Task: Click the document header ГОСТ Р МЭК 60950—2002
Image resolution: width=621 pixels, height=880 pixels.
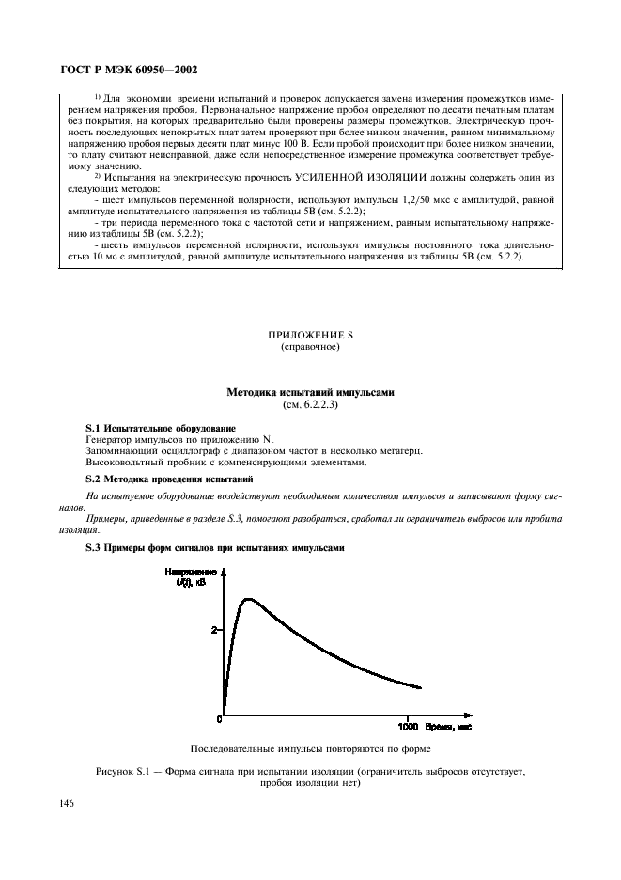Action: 128,70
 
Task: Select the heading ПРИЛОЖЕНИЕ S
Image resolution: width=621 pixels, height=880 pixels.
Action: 309,335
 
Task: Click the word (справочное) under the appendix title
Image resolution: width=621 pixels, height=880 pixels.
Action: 309,347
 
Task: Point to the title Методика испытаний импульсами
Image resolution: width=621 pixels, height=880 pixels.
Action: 309,392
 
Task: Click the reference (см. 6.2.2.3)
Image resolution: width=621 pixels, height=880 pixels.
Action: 309,404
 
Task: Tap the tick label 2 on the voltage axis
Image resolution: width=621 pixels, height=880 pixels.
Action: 214,630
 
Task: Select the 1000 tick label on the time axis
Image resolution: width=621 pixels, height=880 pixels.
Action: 408,727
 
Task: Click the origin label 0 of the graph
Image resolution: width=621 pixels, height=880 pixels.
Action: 220,720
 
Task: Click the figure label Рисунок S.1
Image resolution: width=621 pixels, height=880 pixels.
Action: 125,771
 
